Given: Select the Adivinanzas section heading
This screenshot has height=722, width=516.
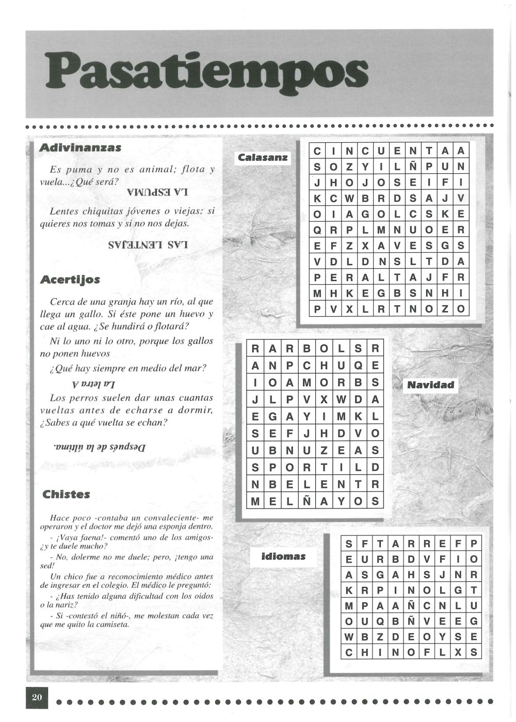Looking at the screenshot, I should [80, 147].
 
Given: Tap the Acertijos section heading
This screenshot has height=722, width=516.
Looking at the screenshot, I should [70, 280].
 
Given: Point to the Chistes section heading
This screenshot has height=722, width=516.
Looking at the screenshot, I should [66, 494].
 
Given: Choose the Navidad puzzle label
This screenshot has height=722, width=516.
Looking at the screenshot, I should [430, 385].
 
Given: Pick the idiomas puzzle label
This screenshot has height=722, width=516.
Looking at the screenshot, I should [284, 556].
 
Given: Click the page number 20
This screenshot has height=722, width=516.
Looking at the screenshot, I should [37, 697].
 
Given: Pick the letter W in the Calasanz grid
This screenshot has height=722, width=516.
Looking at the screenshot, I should [349, 199].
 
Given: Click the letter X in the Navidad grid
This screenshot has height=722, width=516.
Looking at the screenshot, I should [324, 400].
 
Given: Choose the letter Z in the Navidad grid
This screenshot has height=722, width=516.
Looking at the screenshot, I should [324, 450].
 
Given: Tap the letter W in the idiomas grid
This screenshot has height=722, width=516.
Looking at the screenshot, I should [349, 637].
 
